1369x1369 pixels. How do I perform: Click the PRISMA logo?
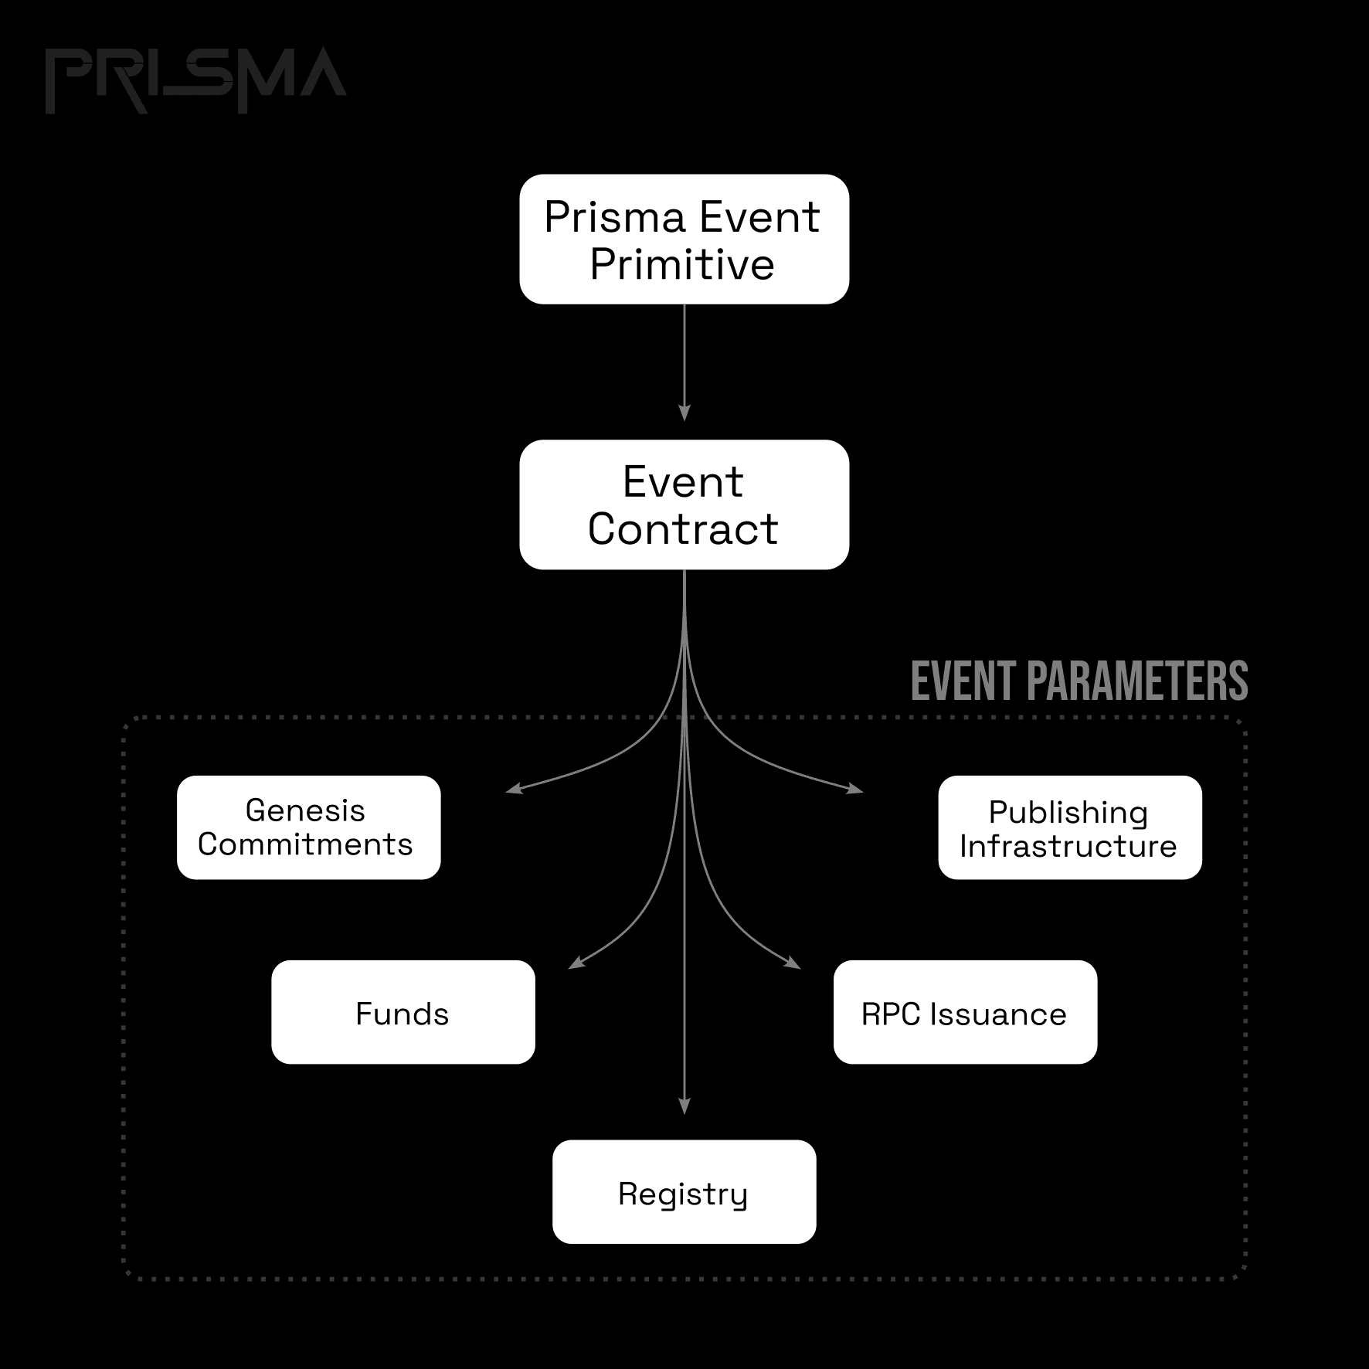point(195,80)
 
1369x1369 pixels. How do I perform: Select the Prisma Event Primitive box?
point(684,239)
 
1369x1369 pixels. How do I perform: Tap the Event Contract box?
point(684,504)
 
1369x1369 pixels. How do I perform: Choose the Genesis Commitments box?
point(308,827)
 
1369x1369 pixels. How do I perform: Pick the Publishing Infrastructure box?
point(1070,827)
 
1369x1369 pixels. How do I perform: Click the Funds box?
point(403,1012)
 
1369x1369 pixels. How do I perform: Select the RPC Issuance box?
point(965,1012)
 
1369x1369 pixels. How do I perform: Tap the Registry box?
point(684,1191)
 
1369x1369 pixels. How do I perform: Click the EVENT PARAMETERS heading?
point(1079,681)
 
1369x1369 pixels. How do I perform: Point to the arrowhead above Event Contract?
point(684,413)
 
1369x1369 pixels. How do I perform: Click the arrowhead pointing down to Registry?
point(684,1106)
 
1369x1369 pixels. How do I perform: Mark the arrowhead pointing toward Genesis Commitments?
point(514,789)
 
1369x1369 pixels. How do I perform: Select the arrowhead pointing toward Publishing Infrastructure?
point(854,789)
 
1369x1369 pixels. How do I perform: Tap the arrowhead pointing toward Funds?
point(576,962)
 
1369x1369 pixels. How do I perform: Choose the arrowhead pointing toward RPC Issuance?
point(793,962)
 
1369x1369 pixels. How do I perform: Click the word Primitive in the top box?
point(682,264)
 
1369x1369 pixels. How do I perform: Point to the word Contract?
point(683,529)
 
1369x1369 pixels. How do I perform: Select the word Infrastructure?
point(1068,847)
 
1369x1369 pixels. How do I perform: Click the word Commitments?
point(305,844)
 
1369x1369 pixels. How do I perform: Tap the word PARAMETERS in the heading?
point(1137,681)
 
